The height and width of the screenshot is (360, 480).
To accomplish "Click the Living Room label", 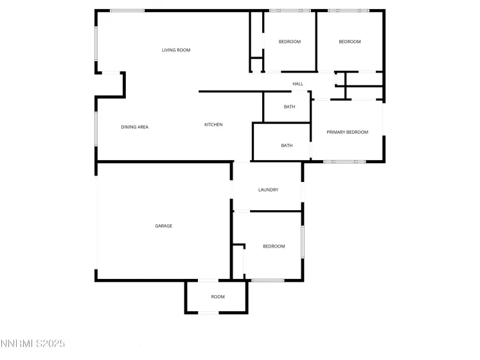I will tap(175, 50).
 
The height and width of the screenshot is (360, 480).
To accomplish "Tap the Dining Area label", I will tap(134, 127).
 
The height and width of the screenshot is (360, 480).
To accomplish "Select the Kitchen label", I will tap(213, 125).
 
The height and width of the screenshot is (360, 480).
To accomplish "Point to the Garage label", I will tap(163, 226).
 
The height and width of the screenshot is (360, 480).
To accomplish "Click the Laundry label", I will tap(268, 190).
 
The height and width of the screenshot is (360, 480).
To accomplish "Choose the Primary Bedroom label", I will tap(347, 132).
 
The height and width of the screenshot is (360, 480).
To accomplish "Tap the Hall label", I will tap(298, 84).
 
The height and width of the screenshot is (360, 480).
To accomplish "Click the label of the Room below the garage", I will tap(218, 297).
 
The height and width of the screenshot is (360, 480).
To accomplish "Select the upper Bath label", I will tap(289, 107).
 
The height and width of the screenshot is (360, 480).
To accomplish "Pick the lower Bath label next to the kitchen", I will tap(287, 146).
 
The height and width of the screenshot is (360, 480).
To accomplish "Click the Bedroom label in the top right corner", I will tap(350, 42).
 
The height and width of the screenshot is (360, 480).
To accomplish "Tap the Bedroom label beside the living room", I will tap(289, 42).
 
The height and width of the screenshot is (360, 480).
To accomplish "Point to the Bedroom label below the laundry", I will tap(274, 247).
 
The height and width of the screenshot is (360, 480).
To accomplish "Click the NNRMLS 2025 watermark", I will tap(33, 345).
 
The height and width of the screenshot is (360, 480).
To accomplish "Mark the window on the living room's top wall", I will tap(127, 10).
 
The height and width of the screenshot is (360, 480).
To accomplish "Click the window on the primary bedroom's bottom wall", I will tap(344, 161).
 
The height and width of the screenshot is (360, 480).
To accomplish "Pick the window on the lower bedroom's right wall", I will tap(303, 241).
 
